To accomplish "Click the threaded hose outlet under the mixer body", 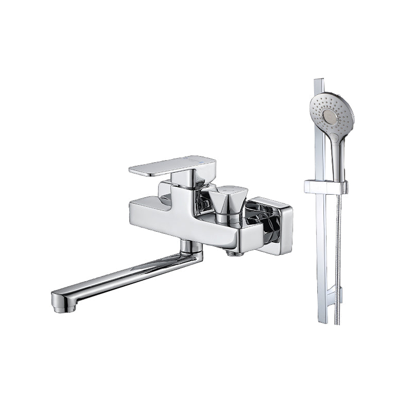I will tap(234, 252).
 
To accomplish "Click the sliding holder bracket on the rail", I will tap(325, 187).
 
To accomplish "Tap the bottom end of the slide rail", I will tap(322, 320).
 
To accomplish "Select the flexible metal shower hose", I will tap(338, 257).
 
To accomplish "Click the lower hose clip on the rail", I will tap(339, 295).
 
